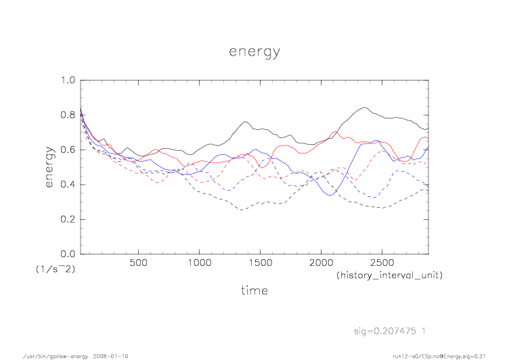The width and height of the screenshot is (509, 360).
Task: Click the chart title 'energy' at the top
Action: (254, 51)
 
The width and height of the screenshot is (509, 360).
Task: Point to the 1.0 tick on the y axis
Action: (66, 81)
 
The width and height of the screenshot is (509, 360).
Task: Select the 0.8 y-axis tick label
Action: (66, 115)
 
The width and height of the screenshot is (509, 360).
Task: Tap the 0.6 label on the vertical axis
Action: (66, 150)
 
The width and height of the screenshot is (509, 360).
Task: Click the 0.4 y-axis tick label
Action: (66, 185)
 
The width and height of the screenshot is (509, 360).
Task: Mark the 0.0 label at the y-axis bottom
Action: (66, 254)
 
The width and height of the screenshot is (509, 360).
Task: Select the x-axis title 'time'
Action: (254, 291)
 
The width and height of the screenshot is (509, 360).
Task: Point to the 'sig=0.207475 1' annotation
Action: (392, 331)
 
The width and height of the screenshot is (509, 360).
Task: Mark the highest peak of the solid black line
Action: (366, 107)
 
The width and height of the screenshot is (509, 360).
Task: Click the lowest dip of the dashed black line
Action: (241, 210)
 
